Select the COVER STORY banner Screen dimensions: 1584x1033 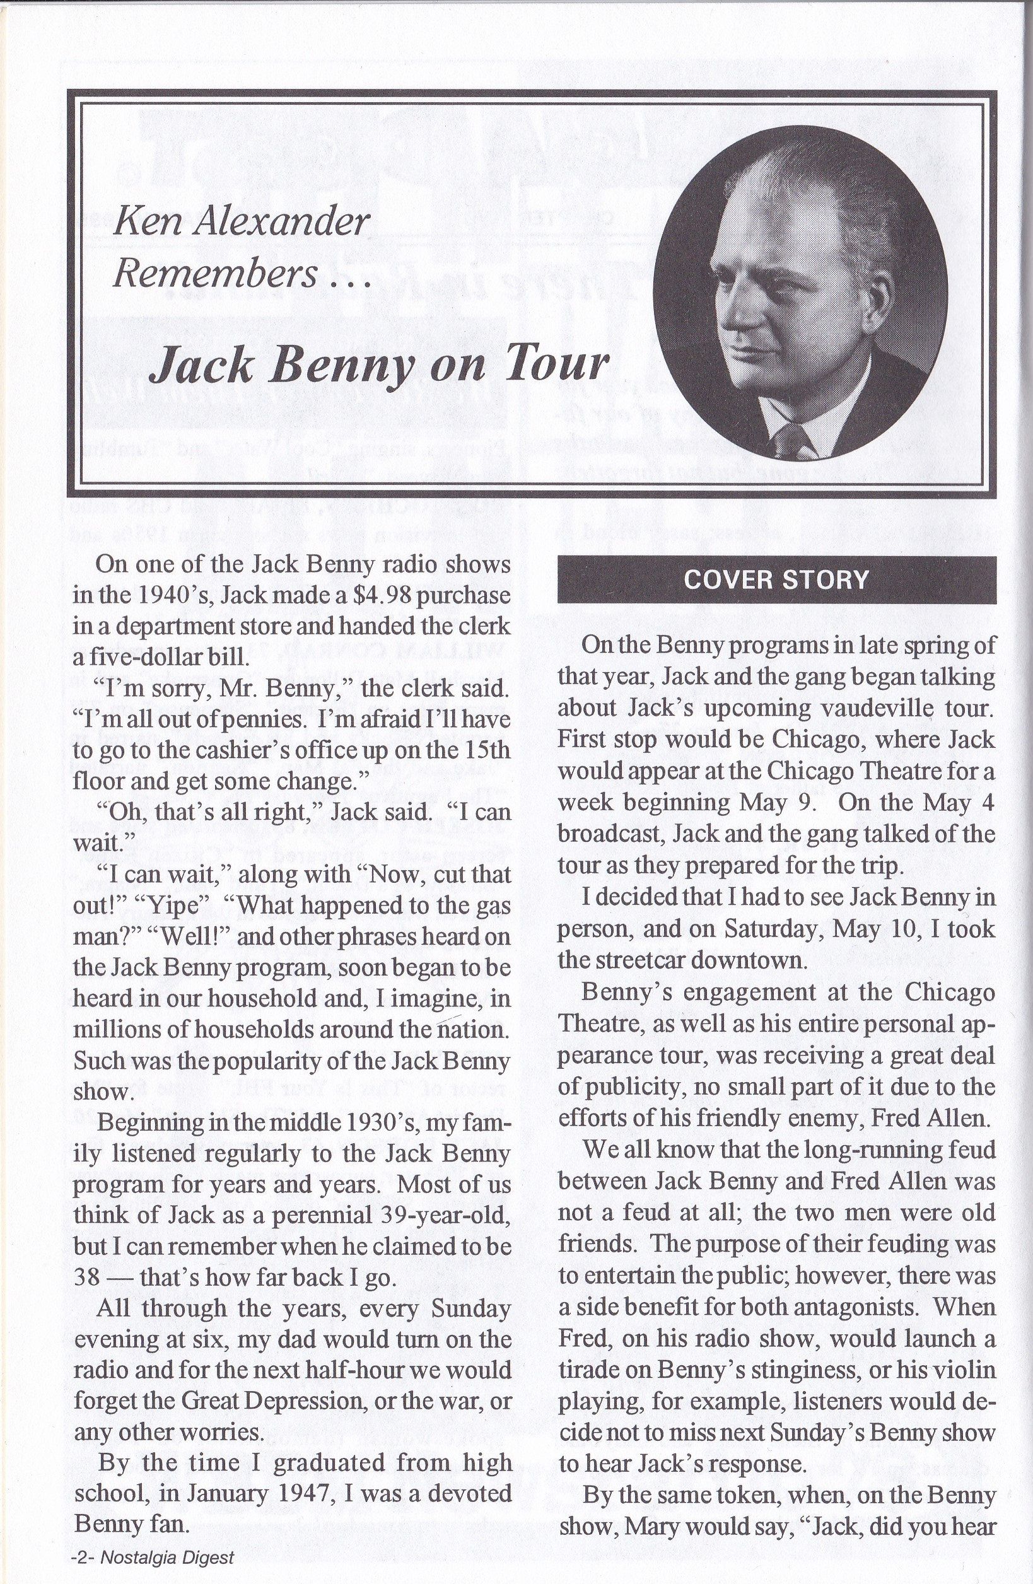(x=776, y=579)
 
